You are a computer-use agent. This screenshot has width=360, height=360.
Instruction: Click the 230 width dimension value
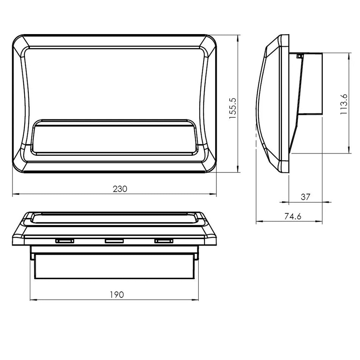click(x=120, y=188)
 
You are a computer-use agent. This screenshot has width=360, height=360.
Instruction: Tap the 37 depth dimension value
click(x=305, y=197)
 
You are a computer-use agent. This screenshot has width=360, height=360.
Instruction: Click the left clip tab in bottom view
click(x=65, y=241)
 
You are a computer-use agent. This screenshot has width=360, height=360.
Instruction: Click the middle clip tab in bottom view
click(x=114, y=241)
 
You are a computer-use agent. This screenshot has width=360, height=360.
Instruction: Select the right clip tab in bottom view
click(x=163, y=241)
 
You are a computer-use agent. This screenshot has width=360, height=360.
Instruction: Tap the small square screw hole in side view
click(x=299, y=56)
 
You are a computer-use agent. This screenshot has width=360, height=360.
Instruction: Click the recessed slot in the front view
click(x=114, y=139)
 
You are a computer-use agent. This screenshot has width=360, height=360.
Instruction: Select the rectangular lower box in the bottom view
click(x=115, y=266)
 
